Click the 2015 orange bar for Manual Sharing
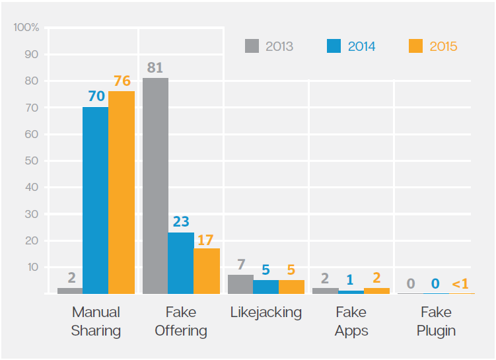point(122,192)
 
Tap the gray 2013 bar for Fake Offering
point(155,186)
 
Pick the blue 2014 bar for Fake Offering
point(181,263)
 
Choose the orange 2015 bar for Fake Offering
point(206,271)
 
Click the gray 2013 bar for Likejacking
point(240,284)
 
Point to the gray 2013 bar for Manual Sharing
point(70,291)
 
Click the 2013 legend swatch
point(252,46)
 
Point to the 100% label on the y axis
point(26,28)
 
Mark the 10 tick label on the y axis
point(32,267)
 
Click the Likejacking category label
point(266,312)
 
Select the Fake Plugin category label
point(436,321)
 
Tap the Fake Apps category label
point(351,321)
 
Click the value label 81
point(155,68)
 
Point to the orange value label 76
point(122,81)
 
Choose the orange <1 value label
point(460,284)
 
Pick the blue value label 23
point(181,223)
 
